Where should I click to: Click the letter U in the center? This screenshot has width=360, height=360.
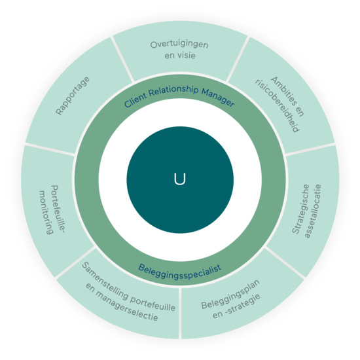point(180,179)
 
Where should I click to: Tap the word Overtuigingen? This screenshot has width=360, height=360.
point(179,45)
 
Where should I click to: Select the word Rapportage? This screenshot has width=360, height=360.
point(73,96)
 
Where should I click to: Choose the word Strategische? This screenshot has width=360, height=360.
point(300,209)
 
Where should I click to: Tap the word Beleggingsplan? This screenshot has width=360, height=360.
point(230,295)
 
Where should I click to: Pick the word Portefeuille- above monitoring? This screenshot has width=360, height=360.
point(57,209)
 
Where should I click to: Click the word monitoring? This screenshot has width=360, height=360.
point(46,212)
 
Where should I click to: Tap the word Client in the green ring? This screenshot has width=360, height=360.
point(135,101)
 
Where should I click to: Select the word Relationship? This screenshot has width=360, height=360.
point(173,90)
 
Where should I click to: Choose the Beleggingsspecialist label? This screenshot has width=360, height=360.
point(179,272)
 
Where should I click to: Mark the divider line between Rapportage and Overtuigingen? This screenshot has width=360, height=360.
point(122,59)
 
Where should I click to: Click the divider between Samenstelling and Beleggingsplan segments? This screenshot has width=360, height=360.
point(180,313)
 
